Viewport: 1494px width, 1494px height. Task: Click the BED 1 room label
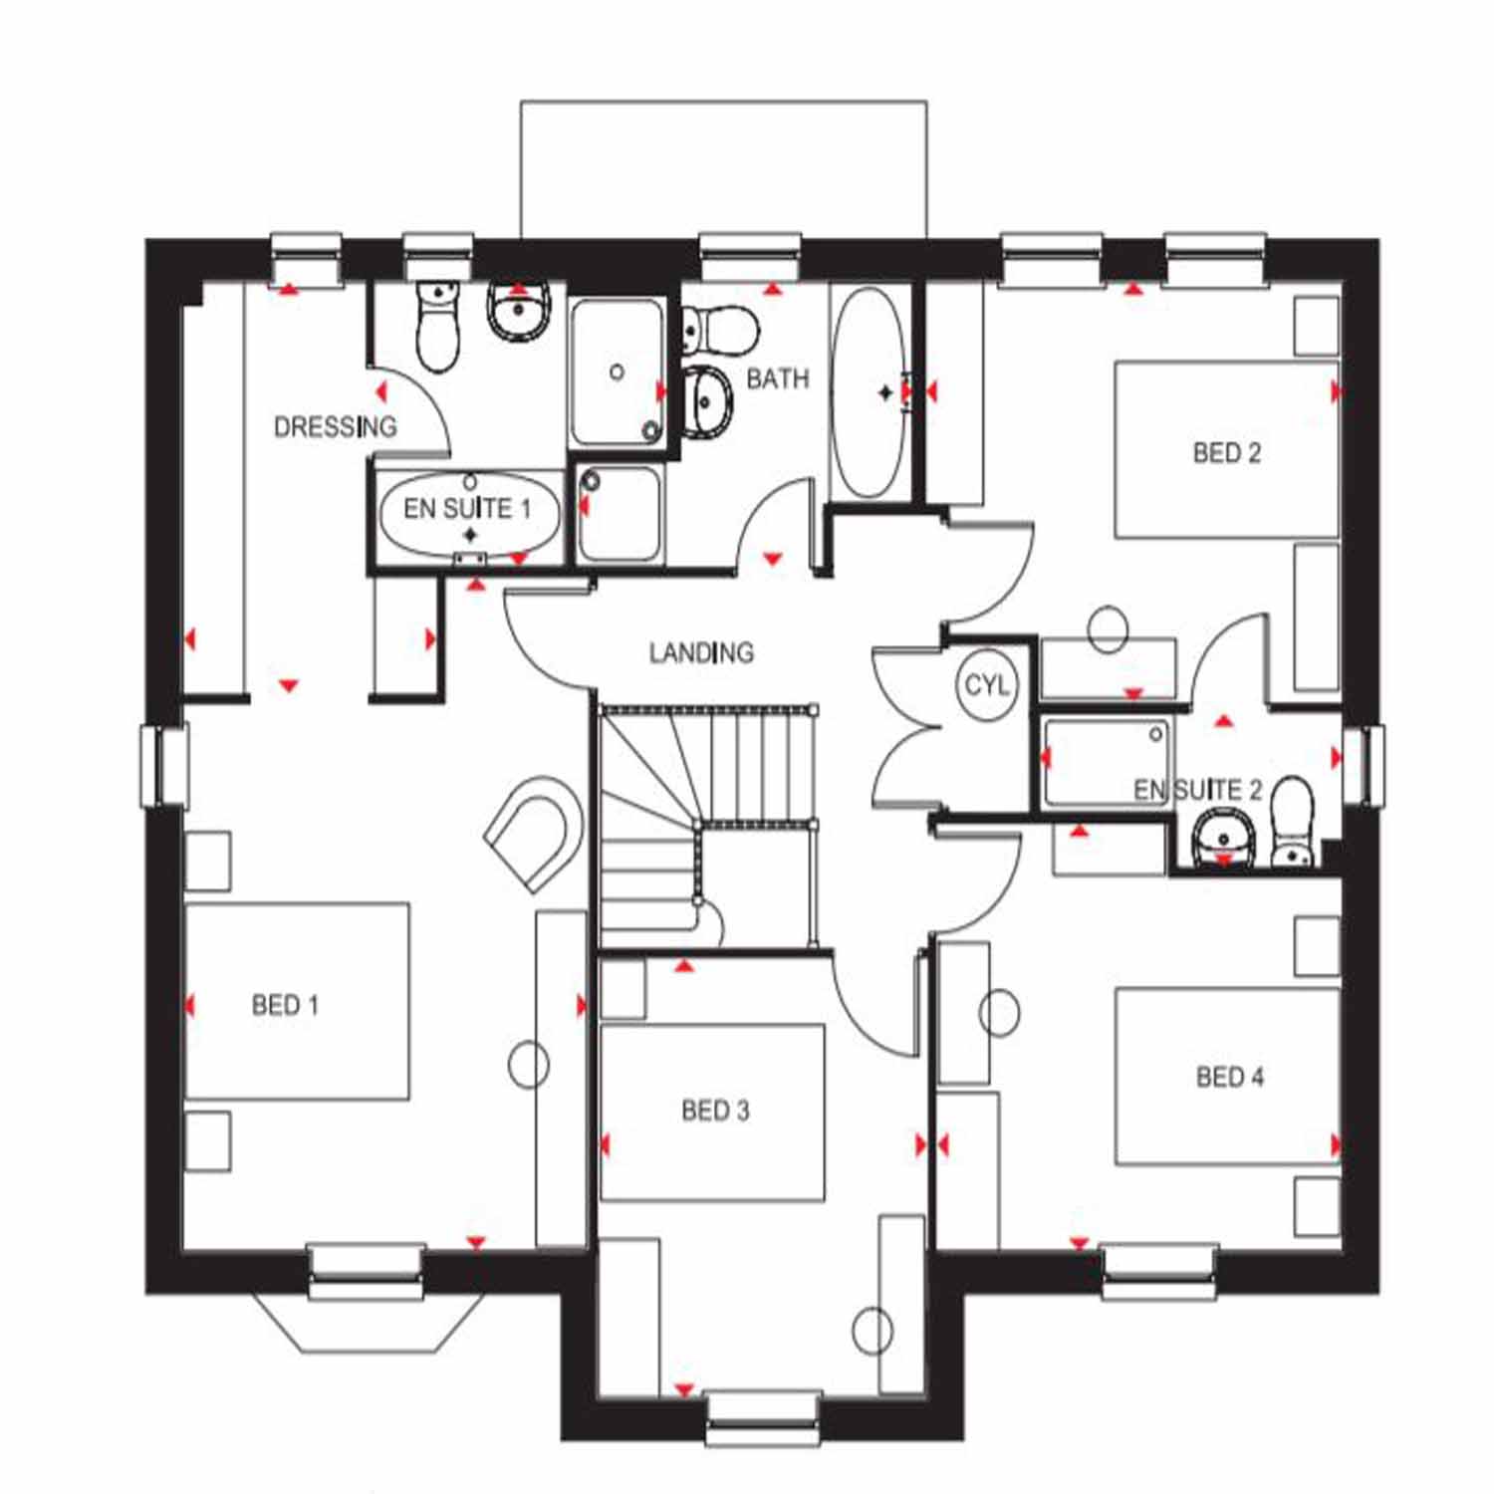click(285, 1005)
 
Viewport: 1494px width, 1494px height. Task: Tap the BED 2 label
click(1227, 453)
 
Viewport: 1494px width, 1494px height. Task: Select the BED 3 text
click(715, 1110)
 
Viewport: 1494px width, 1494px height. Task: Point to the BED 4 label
click(1230, 1077)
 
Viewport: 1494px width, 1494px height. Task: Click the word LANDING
click(701, 653)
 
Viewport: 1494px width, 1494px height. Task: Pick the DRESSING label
click(336, 427)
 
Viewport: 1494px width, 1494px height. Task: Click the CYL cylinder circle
click(986, 685)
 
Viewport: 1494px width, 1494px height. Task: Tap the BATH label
click(778, 378)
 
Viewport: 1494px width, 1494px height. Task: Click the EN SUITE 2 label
click(1198, 790)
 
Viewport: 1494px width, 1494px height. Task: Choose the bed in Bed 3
click(712, 1113)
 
